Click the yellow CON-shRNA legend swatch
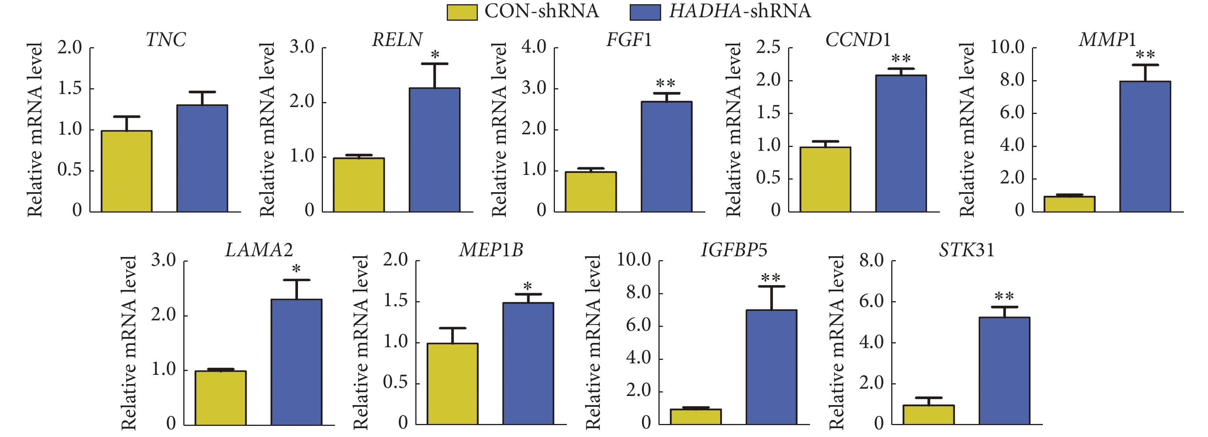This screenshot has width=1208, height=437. point(461,12)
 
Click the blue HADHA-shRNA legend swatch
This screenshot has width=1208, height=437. point(645,12)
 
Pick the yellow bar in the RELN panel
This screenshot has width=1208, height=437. point(359,185)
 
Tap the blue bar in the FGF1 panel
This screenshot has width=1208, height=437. point(667,157)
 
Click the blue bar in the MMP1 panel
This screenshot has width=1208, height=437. point(1145,147)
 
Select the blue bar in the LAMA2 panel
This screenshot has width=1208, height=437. point(296,362)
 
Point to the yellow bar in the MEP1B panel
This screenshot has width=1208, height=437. point(453,384)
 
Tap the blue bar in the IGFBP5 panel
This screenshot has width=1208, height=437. point(772,367)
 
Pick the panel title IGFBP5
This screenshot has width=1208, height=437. point(734,250)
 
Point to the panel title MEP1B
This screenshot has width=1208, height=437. point(491,250)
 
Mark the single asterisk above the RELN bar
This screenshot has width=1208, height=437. point(435,55)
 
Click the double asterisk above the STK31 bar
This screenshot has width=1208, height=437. point(1004,297)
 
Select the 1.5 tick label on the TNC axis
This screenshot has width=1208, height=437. point(69,88)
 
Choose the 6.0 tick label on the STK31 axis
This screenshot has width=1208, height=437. point(871,301)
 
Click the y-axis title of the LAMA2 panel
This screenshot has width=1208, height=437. point(128,343)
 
